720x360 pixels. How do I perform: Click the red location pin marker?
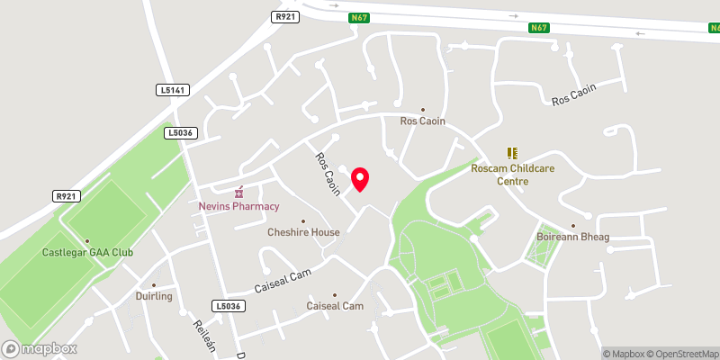(x=360, y=178)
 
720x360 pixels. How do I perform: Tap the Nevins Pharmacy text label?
(x=239, y=206)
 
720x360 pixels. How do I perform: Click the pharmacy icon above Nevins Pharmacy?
(x=239, y=192)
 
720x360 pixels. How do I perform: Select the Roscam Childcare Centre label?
(x=512, y=175)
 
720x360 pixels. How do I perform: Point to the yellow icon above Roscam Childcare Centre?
(x=512, y=154)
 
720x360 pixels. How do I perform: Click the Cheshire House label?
(x=303, y=232)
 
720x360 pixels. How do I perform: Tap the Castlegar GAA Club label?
(x=87, y=252)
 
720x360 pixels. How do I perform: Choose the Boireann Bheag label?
(x=573, y=237)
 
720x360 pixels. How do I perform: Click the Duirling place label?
(x=153, y=296)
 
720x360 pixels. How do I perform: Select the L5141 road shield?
(x=170, y=90)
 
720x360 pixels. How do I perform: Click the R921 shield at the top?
(x=285, y=16)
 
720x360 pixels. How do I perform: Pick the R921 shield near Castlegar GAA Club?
(x=67, y=195)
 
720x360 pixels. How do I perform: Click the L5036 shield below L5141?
(x=178, y=132)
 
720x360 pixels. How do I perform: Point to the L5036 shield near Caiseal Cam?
(x=229, y=306)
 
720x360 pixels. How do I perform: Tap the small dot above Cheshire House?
(x=303, y=221)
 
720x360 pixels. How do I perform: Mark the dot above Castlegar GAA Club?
(x=87, y=241)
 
